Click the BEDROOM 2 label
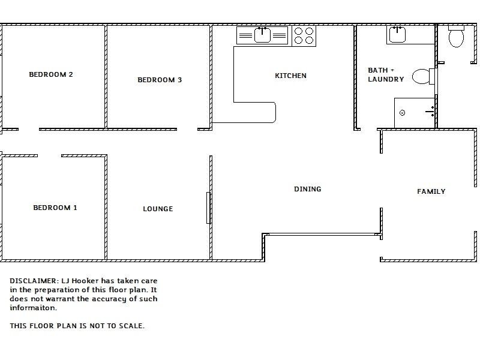coord(51,74)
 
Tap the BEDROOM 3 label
coord(160,80)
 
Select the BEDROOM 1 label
coord(55,208)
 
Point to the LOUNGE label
coord(158,209)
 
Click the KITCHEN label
coord(290,76)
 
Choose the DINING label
coord(308,189)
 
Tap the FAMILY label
coord(431,191)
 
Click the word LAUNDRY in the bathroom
coord(386,79)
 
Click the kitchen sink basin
coord(262,35)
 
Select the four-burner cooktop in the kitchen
coord(304,36)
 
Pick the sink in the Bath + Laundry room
coord(397,35)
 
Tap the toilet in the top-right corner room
coord(456,37)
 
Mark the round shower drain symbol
coord(402,113)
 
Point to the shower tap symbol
coord(430,112)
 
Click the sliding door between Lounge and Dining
coord(208,208)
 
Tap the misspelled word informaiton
coord(34,308)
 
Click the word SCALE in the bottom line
coord(131,326)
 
